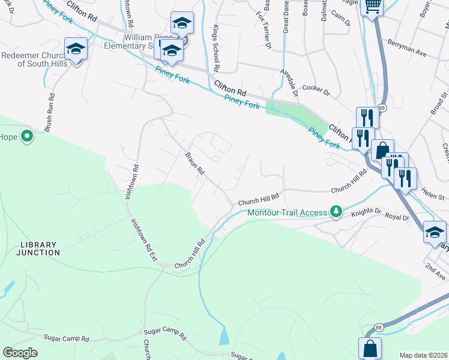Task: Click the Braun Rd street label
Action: coord(194,163)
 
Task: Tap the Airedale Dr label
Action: coord(289,82)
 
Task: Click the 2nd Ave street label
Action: coord(432,268)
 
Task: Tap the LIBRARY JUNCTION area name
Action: coord(40,249)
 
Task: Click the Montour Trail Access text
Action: coord(287,212)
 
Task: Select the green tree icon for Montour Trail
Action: coord(337,211)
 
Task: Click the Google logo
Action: coord(20,353)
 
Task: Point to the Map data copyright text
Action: coord(423,355)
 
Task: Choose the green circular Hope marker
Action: coord(26,137)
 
